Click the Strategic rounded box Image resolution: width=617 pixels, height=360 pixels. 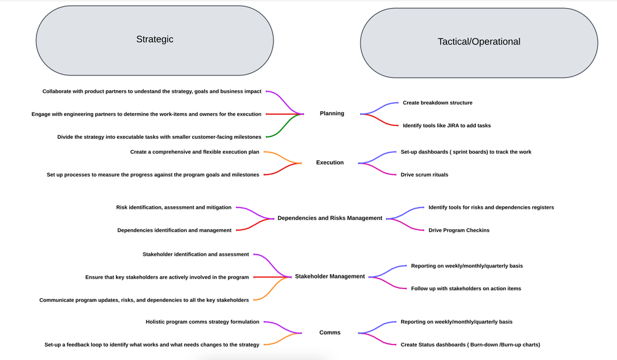(x=154, y=40)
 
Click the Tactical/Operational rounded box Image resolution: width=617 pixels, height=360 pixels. (x=479, y=42)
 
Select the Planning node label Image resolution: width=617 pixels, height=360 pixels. (x=332, y=114)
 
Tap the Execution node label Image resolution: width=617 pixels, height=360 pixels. (x=330, y=163)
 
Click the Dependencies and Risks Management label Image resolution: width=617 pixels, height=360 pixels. (x=330, y=218)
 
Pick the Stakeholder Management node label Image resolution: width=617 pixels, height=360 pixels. (x=330, y=277)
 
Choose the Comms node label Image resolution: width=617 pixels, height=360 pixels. (x=330, y=333)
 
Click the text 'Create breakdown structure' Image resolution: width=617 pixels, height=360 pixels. (x=437, y=103)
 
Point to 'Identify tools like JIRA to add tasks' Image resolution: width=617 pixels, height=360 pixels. (x=447, y=126)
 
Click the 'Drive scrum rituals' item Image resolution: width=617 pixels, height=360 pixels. (x=424, y=175)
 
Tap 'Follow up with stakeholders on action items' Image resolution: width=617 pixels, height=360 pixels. (x=466, y=288)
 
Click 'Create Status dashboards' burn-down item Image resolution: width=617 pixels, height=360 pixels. (x=474, y=345)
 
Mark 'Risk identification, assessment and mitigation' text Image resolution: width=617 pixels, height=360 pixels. (x=174, y=207)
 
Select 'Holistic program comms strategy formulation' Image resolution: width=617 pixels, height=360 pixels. (x=202, y=322)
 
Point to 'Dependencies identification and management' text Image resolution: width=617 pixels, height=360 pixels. (x=174, y=230)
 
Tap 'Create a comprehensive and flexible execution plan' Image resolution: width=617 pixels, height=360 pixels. (x=195, y=152)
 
